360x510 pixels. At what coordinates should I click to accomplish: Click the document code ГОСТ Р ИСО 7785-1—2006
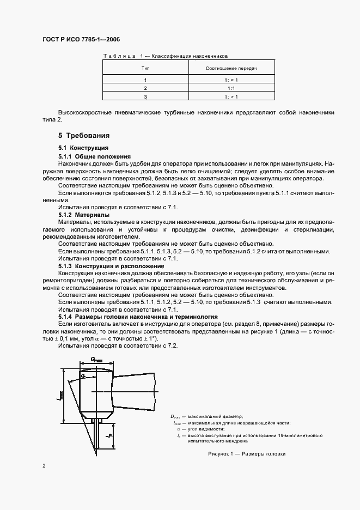(x=81, y=40)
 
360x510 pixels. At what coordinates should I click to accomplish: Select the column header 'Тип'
(x=145, y=69)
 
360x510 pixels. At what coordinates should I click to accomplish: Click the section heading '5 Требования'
(x=84, y=135)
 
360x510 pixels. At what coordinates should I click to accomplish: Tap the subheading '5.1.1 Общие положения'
(x=91, y=156)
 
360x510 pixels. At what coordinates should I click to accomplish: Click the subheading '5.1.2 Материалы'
(x=84, y=215)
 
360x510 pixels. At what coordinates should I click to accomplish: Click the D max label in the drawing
(x=97, y=359)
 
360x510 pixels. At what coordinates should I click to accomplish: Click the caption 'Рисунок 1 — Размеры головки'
(x=247, y=454)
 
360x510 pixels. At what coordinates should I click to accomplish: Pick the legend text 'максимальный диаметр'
(x=217, y=416)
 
